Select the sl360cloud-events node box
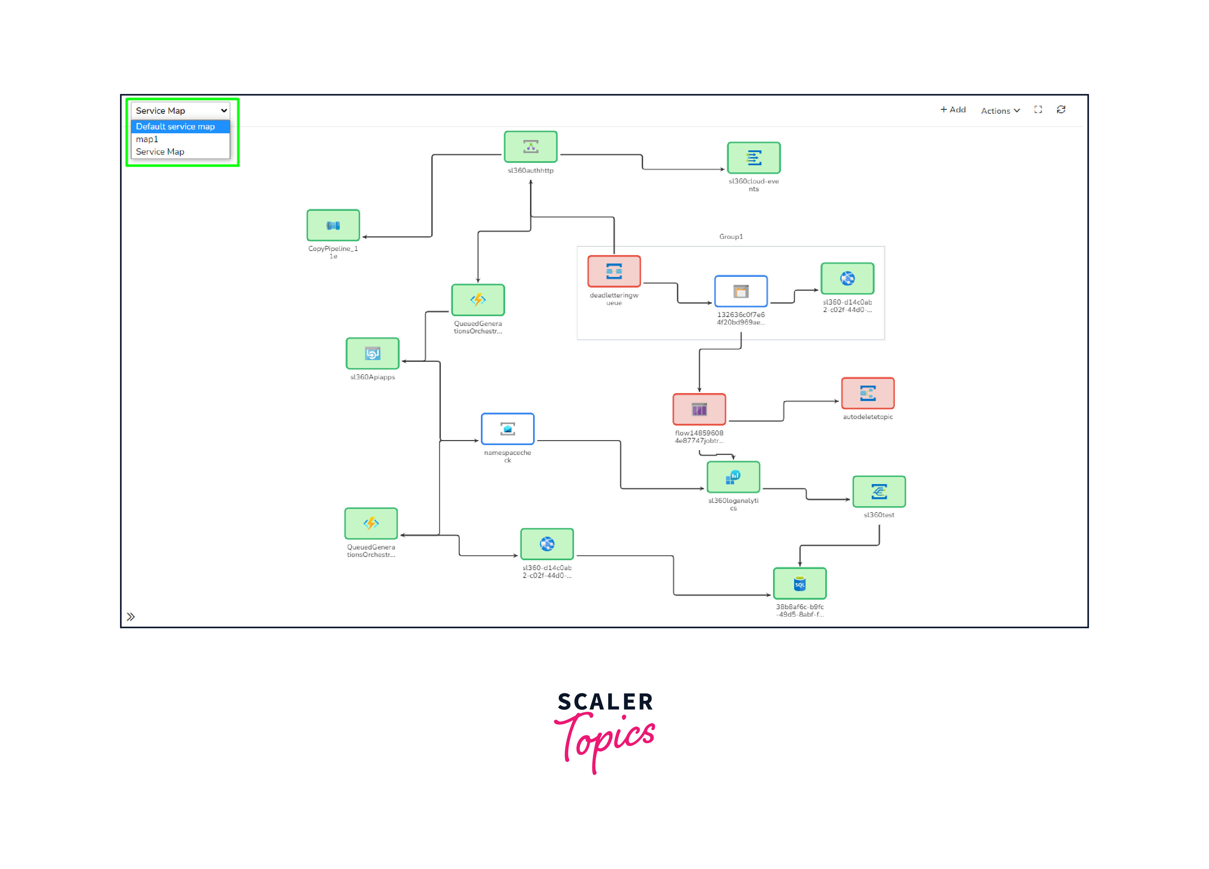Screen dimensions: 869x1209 pos(753,158)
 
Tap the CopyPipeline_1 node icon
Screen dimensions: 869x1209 pos(333,225)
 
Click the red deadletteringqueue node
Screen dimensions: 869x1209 pos(614,272)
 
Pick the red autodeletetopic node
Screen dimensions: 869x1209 pos(867,393)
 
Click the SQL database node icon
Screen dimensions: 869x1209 pos(799,584)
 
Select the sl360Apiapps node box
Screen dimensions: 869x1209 pos(372,353)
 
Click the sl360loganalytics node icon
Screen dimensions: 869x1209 pos(733,477)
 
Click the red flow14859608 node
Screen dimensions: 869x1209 pos(699,409)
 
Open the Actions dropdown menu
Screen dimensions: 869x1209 pos(1000,110)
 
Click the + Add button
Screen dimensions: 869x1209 pos(953,110)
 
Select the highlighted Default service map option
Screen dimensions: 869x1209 pos(175,127)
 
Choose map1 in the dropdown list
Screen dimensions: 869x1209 pos(147,139)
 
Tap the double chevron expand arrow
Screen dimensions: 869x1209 pos(130,617)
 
